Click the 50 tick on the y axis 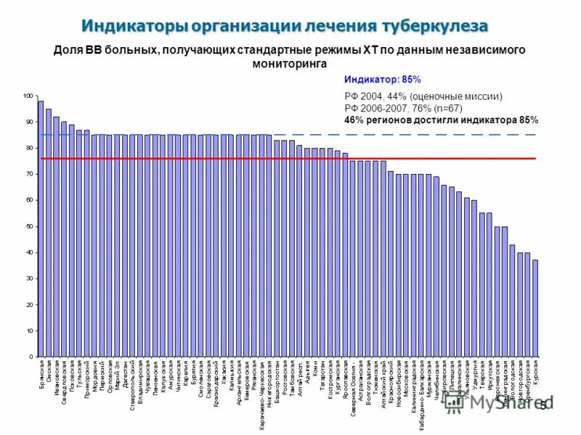29,226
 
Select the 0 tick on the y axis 31,357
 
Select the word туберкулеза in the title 432,26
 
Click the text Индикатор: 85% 382,79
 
